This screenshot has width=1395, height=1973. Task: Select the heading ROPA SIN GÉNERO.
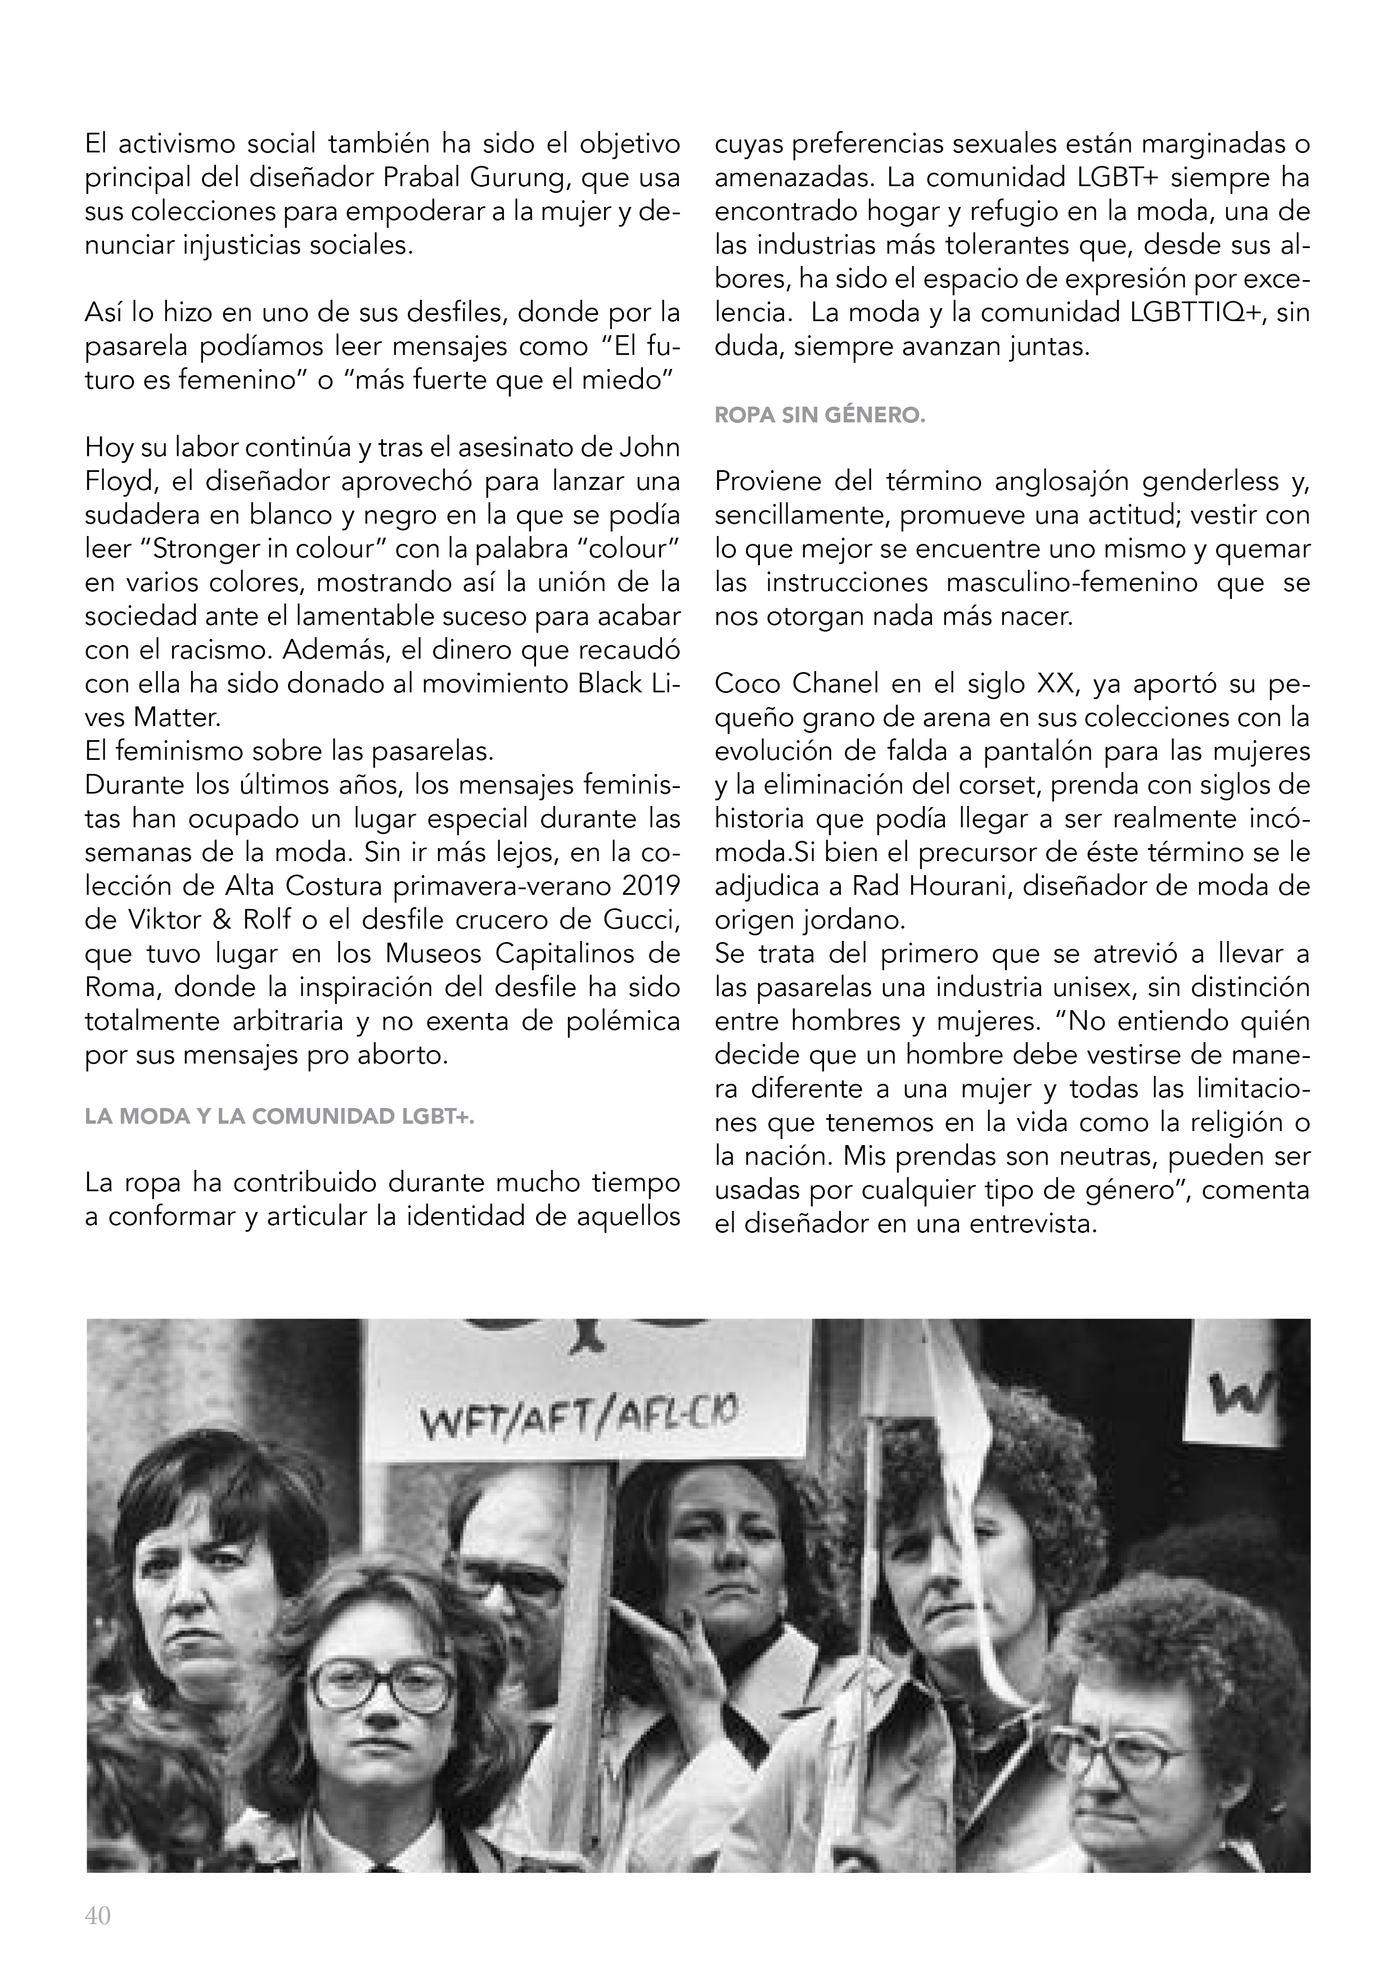[x=819, y=416]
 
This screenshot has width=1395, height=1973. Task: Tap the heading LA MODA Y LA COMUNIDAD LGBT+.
[x=280, y=1117]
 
